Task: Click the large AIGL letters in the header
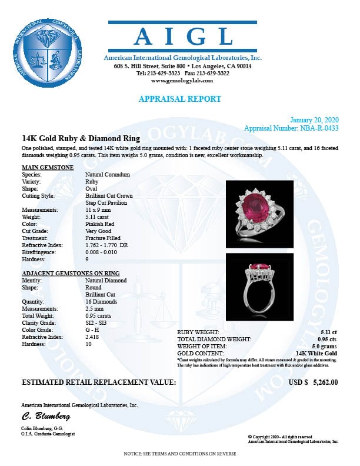(183, 37)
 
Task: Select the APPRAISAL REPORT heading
(180, 99)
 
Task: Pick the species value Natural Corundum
(107, 175)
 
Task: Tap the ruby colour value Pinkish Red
(99, 224)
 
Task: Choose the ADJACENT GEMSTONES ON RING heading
(70, 274)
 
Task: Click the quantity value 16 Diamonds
(101, 302)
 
